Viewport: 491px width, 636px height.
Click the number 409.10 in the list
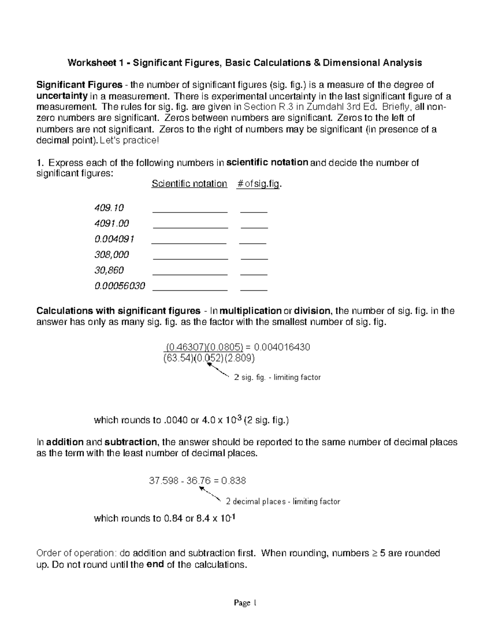109,208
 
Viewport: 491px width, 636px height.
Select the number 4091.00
111,224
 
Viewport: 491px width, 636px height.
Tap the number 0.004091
114,239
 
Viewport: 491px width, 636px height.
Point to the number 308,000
111,255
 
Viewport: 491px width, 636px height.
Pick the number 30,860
109,270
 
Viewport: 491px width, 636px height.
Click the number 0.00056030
119,286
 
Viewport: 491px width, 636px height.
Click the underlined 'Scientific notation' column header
189,184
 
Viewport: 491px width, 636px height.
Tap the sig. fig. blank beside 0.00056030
254,290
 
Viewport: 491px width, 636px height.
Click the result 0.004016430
282,347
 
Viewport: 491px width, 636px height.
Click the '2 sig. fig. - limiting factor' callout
277,377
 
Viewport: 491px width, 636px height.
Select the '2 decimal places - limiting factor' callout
283,501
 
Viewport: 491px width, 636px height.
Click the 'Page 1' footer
245,603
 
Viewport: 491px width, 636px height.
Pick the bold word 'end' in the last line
155,565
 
